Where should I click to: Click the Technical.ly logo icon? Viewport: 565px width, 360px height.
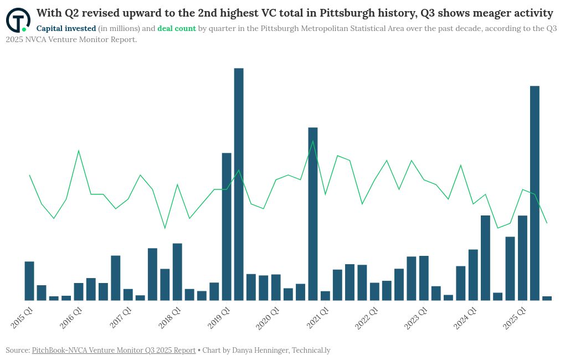[x=18, y=20]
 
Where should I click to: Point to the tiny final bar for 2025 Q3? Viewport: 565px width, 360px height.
[x=547, y=298]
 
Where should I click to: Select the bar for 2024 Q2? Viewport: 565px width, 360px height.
[x=485, y=258]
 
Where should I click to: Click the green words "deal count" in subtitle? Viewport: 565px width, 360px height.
[x=177, y=28]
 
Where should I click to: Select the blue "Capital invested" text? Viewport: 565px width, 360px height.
[x=66, y=28]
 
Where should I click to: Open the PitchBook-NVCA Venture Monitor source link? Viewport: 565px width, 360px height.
[x=114, y=350]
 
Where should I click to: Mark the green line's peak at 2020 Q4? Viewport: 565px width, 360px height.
[x=313, y=141]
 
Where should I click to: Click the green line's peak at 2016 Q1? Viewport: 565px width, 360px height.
[x=79, y=151]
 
